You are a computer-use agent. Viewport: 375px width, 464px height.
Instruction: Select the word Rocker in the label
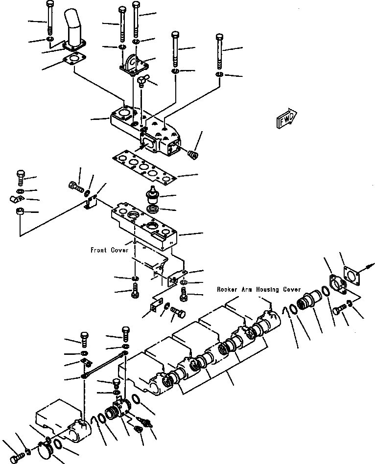227,289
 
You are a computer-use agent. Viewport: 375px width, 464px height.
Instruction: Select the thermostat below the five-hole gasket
152,197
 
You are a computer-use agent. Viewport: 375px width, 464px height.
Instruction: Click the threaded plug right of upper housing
193,154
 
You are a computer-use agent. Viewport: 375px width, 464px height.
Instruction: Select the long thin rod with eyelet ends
103,363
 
